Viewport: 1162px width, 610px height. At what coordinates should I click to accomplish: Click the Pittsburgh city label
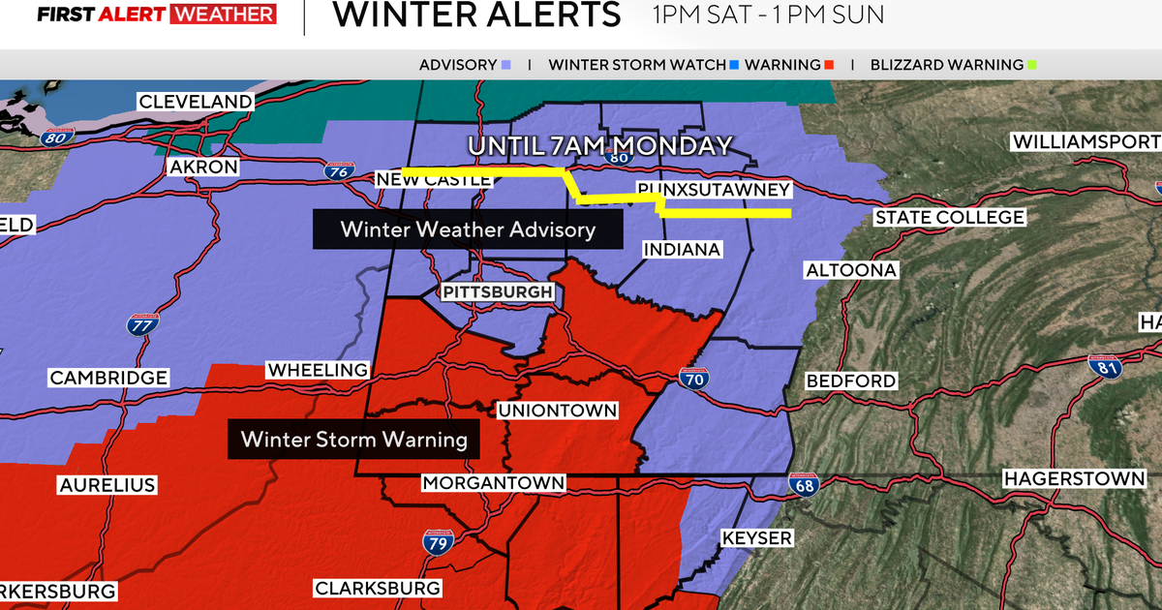tap(498, 292)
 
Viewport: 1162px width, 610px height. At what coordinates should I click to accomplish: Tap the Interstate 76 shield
tap(338, 172)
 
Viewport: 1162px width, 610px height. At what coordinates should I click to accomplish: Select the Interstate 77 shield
tap(143, 323)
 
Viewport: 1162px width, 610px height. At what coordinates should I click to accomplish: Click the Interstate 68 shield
tap(809, 482)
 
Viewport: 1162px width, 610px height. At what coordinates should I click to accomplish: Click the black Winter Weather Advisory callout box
tap(467, 229)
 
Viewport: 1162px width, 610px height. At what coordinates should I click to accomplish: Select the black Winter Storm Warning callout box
tap(353, 440)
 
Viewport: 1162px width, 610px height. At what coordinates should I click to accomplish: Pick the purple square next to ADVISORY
tap(506, 66)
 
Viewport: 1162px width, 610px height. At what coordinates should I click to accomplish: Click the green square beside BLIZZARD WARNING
tap(1032, 66)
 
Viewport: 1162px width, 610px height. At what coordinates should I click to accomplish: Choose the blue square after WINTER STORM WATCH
tap(735, 66)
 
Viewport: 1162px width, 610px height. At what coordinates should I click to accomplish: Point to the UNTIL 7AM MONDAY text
tap(600, 146)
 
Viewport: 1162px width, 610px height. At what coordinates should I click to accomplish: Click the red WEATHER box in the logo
tap(223, 15)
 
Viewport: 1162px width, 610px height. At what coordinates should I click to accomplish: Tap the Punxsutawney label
tap(714, 189)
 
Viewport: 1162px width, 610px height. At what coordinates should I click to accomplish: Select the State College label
tap(949, 218)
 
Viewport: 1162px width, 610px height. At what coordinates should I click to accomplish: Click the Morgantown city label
tap(493, 482)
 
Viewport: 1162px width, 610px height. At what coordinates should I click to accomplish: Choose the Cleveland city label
tap(196, 102)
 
